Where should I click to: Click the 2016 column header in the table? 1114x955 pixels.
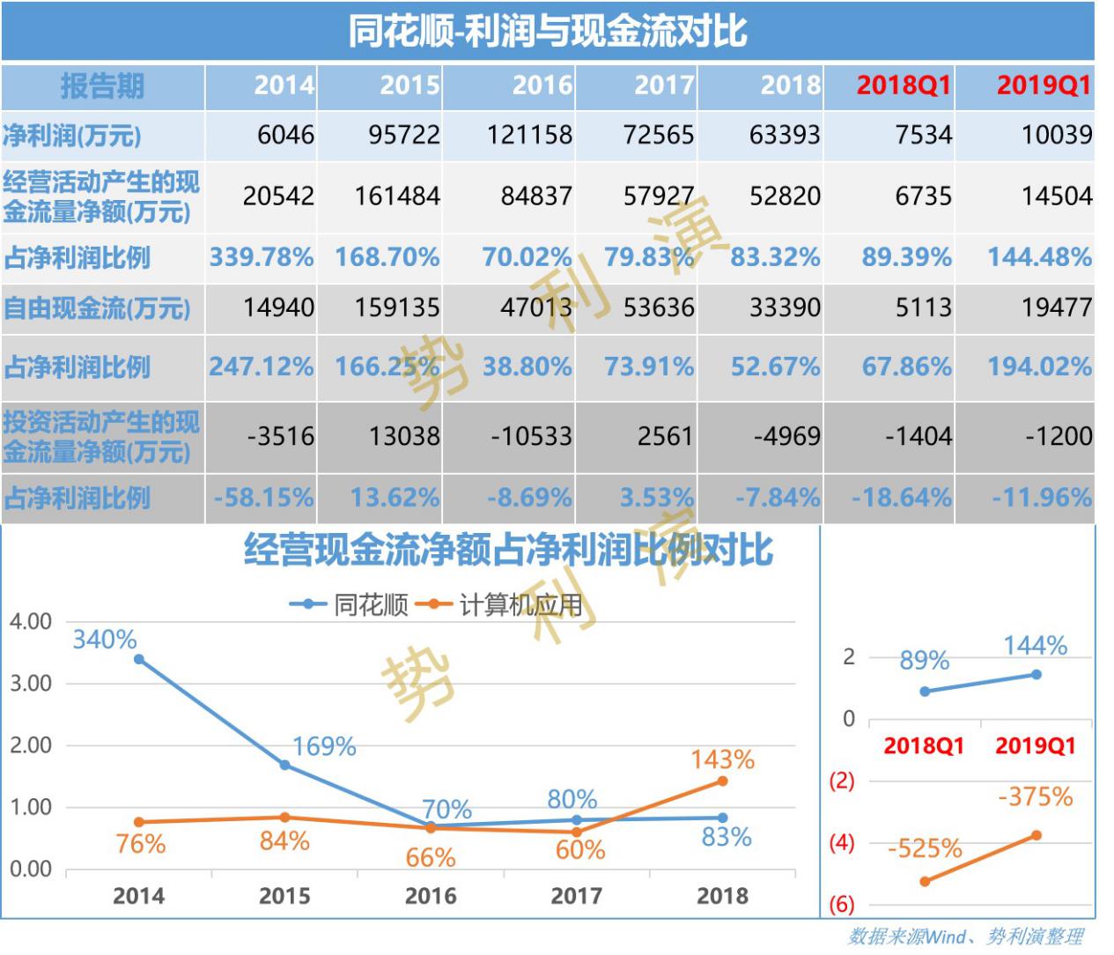coord(542,85)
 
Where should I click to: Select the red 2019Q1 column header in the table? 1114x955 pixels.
coord(1044,85)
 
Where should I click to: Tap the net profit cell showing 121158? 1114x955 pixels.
coord(529,135)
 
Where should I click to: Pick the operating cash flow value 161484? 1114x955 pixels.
coord(397,196)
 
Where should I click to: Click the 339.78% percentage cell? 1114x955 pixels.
coord(261,257)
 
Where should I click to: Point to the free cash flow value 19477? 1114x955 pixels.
coord(1056,307)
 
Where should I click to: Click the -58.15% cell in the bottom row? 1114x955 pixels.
coord(263,498)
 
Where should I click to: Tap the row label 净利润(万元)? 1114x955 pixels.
coord(72,136)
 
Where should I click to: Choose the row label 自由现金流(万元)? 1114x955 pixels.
coord(97,308)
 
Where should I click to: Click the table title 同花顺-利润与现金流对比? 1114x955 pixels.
coord(547,32)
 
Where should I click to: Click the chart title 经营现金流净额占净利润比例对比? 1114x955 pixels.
coord(508,551)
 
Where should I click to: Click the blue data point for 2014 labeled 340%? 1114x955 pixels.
coord(139,659)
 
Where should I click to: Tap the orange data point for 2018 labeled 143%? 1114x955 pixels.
coord(722,781)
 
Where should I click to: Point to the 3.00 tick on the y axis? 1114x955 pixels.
coord(31,684)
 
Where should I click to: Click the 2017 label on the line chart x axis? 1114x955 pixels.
coord(576,896)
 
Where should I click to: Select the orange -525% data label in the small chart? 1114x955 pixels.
coord(925,848)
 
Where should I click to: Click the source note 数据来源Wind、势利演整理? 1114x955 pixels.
coord(965,936)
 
